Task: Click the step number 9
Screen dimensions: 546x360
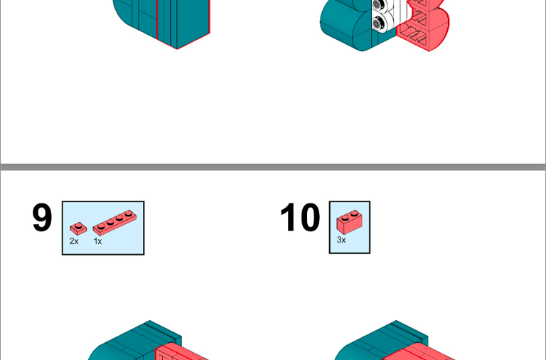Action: click(x=42, y=218)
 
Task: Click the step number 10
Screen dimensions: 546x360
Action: click(x=300, y=218)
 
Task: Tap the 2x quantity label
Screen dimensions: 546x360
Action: click(x=74, y=241)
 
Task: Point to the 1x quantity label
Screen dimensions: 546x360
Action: click(x=97, y=241)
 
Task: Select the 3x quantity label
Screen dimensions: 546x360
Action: click(x=341, y=240)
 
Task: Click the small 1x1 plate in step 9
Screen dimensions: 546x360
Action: click(x=78, y=228)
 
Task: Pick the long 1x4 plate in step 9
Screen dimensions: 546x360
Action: click(x=114, y=223)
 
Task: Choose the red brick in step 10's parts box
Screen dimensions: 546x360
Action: click(x=349, y=222)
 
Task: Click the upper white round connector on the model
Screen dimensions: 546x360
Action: click(x=378, y=5)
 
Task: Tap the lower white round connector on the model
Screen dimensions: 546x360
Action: click(x=378, y=23)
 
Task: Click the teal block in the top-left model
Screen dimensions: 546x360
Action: click(x=162, y=21)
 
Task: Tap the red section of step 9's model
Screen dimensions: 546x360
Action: click(x=181, y=352)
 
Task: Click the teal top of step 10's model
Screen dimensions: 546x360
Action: click(x=383, y=340)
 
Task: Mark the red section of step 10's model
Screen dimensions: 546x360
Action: click(x=418, y=351)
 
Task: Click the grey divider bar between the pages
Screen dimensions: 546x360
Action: click(x=273, y=167)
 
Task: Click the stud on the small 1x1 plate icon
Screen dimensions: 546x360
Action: click(x=79, y=226)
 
